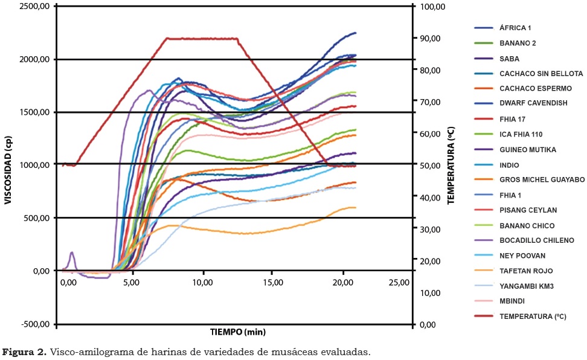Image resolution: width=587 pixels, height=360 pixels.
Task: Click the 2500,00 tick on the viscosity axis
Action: click(35, 7)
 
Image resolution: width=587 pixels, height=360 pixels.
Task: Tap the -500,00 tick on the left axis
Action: click(36, 324)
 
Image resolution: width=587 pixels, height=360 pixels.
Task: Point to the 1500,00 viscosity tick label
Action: click(35, 112)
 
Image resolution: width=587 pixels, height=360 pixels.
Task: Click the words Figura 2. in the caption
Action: click(25, 352)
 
